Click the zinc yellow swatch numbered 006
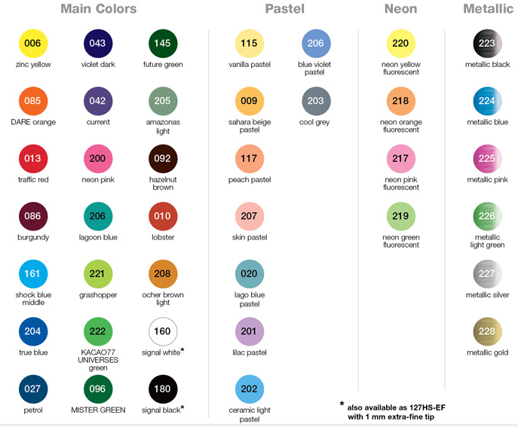coord(32,44)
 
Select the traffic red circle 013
coord(32,159)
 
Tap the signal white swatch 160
coord(162,331)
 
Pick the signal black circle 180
coord(162,389)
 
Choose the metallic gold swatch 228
coord(487,331)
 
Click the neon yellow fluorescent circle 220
coord(400,44)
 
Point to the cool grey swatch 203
coord(315,101)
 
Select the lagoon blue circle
coord(97,216)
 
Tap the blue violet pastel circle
coord(315,44)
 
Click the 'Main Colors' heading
coord(98,9)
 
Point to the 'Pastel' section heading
coord(284,9)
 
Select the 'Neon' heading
coord(400,9)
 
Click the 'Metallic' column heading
coord(487,9)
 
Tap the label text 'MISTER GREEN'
coord(97,410)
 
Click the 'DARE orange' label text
coord(33,122)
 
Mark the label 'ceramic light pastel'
coord(249,414)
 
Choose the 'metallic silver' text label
coord(487,294)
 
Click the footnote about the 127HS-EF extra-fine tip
coord(389,410)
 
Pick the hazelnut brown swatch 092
coord(162,159)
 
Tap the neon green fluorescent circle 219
coord(400,216)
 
